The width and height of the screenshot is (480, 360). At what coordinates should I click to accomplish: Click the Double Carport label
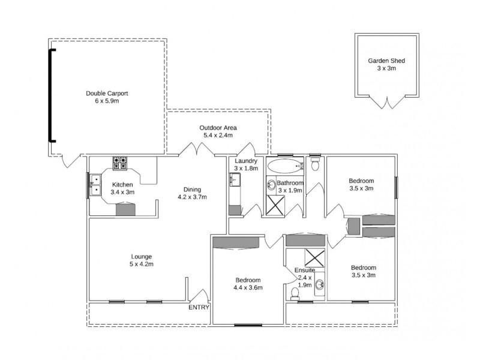(x=107, y=97)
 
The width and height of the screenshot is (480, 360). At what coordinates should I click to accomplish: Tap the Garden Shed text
(x=386, y=65)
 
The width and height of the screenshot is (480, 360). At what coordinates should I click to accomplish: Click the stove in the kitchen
(x=120, y=161)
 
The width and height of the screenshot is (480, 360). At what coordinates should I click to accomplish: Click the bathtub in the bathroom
(x=285, y=166)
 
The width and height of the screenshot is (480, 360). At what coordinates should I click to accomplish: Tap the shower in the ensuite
(x=313, y=256)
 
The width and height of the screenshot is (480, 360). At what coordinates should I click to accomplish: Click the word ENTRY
(x=199, y=307)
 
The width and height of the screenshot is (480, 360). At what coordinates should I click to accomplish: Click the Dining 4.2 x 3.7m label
(x=192, y=193)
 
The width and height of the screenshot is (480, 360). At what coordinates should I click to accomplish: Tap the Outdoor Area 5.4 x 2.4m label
(x=218, y=131)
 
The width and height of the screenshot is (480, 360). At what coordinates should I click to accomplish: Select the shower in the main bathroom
(x=277, y=205)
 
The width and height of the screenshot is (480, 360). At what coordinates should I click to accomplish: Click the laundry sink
(x=234, y=179)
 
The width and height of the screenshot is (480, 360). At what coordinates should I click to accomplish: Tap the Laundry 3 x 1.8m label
(x=246, y=164)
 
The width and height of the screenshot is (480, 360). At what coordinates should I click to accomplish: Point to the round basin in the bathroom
(x=271, y=185)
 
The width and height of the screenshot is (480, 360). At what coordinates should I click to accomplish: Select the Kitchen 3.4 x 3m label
(x=122, y=188)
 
